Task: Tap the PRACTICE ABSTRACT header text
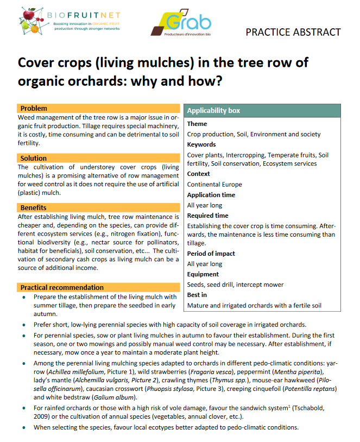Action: click(x=293, y=32)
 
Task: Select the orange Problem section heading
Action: click(x=34, y=108)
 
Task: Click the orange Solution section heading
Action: click(x=34, y=158)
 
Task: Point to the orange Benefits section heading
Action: click(x=34, y=207)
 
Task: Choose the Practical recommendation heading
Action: click(x=62, y=287)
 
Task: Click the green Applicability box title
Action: click(x=213, y=111)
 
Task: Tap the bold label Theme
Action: click(x=197, y=124)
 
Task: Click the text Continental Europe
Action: click(x=214, y=184)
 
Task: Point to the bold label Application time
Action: click(x=211, y=195)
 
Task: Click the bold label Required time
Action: click(x=208, y=216)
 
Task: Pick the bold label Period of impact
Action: click(x=211, y=254)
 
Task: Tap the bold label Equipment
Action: click(x=203, y=274)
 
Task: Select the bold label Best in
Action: click(x=197, y=295)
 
